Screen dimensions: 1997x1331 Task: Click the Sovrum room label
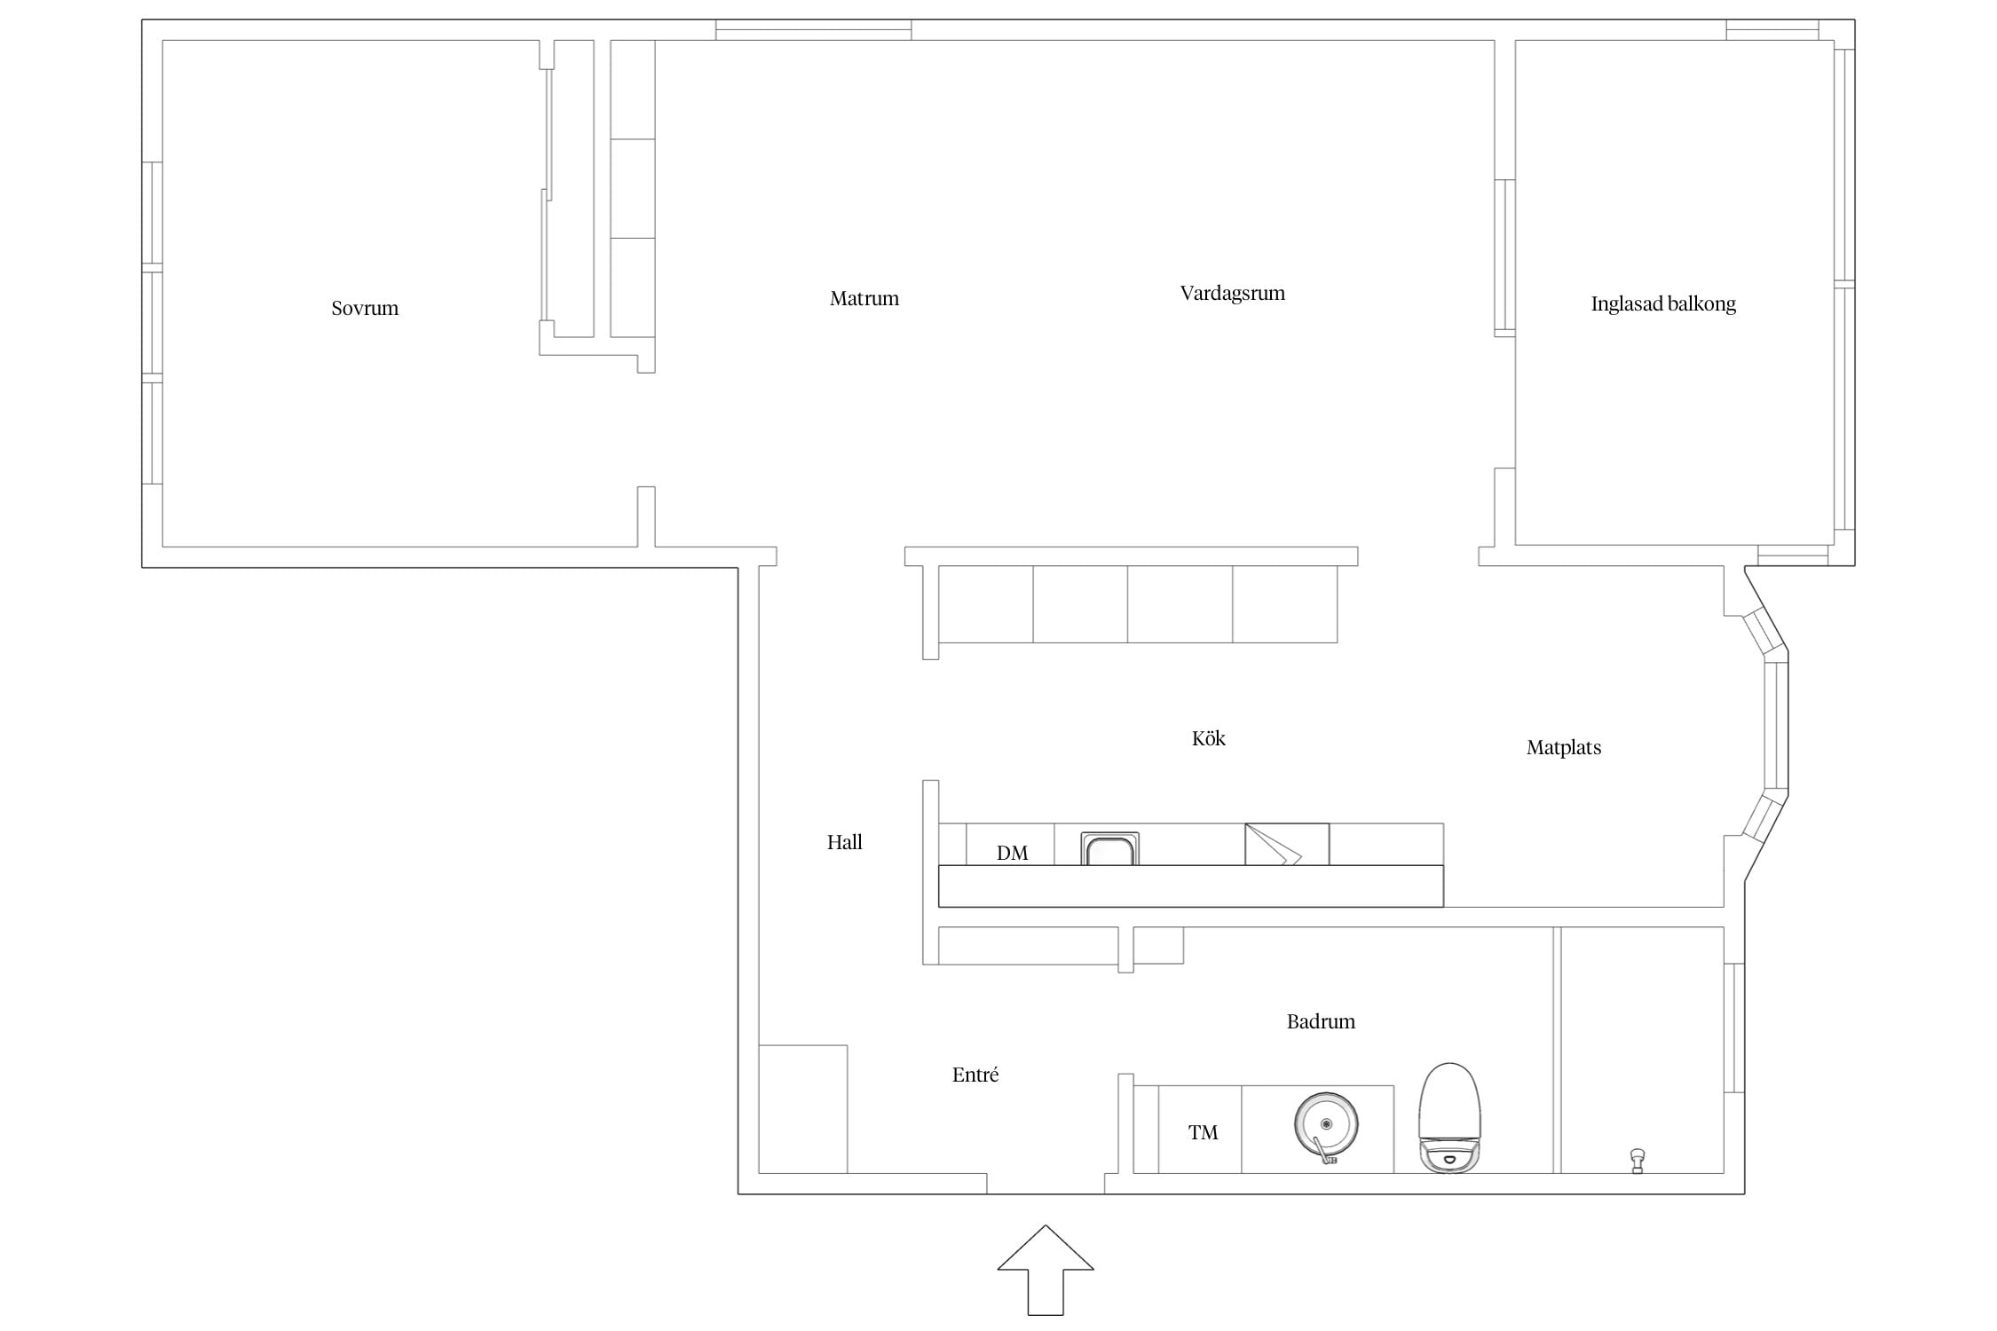(x=365, y=309)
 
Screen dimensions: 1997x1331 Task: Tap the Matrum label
(x=864, y=299)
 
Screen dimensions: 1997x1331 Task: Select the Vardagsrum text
(x=1233, y=294)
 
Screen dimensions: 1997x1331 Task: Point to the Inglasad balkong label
(x=1663, y=304)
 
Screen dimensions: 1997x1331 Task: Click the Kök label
(x=1208, y=738)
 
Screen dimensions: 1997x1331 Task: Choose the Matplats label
(x=1564, y=748)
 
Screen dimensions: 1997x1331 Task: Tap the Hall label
(x=845, y=842)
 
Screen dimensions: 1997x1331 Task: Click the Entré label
(x=975, y=1075)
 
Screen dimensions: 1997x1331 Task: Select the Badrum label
(x=1321, y=1021)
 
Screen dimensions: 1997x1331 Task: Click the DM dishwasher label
(x=1012, y=853)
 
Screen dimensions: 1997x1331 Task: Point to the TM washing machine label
(x=1203, y=1132)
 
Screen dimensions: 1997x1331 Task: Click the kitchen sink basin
(x=1109, y=849)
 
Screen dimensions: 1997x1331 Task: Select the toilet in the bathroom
(x=1450, y=1118)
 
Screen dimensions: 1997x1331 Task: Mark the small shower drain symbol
(x=1638, y=1161)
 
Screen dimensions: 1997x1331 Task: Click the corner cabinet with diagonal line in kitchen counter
(x=1287, y=844)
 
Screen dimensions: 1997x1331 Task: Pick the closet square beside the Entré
(x=803, y=1109)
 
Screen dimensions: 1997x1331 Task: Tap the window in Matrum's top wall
(x=814, y=29)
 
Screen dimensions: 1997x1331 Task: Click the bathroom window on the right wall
(x=1734, y=1028)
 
